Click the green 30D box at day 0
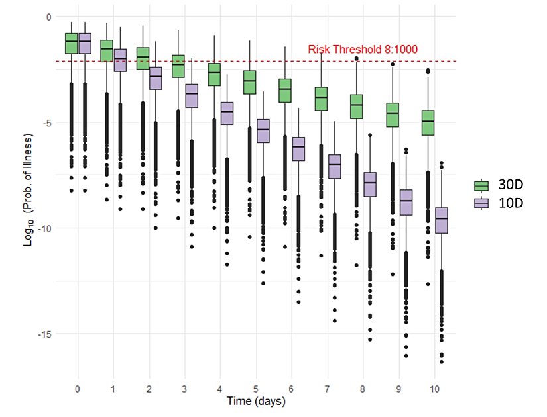[71, 43]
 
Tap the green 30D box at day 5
[249, 82]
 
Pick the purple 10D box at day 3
[192, 95]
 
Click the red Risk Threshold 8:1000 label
[362, 50]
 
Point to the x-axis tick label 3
[185, 387]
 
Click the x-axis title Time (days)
[256, 401]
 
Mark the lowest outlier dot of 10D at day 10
[441, 361]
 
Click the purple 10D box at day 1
[120, 60]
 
